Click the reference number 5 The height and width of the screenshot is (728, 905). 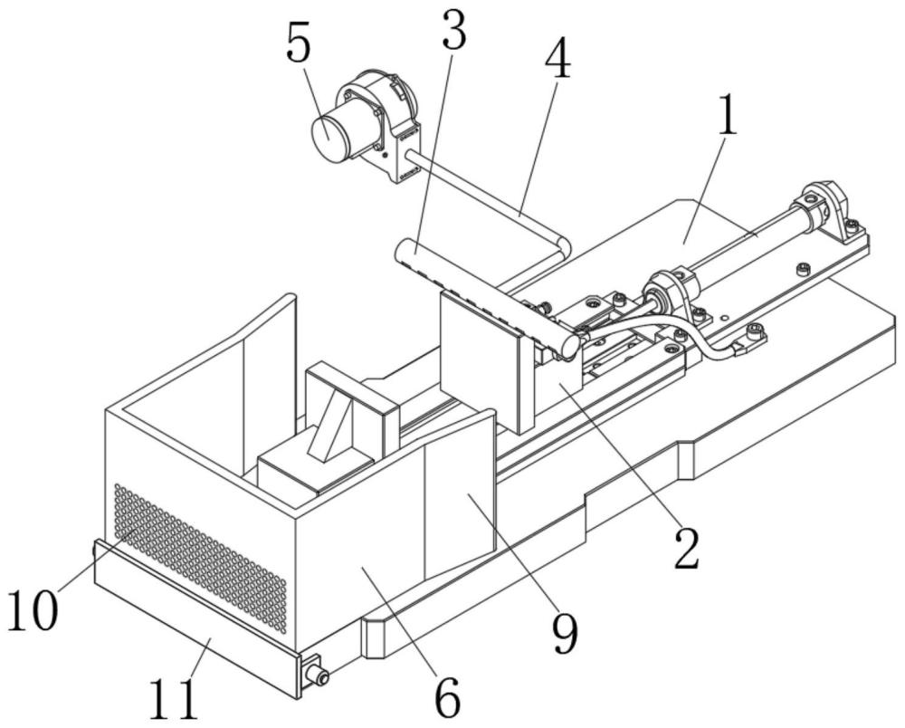pos(299,42)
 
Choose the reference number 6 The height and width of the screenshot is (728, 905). pos(448,697)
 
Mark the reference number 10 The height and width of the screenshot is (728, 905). pos(33,609)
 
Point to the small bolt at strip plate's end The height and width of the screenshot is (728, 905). pos(316,674)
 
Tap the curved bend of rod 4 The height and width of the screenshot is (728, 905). pos(562,244)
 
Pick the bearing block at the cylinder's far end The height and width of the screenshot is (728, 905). pos(826,213)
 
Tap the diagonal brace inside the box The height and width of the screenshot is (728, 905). pos(329,426)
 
